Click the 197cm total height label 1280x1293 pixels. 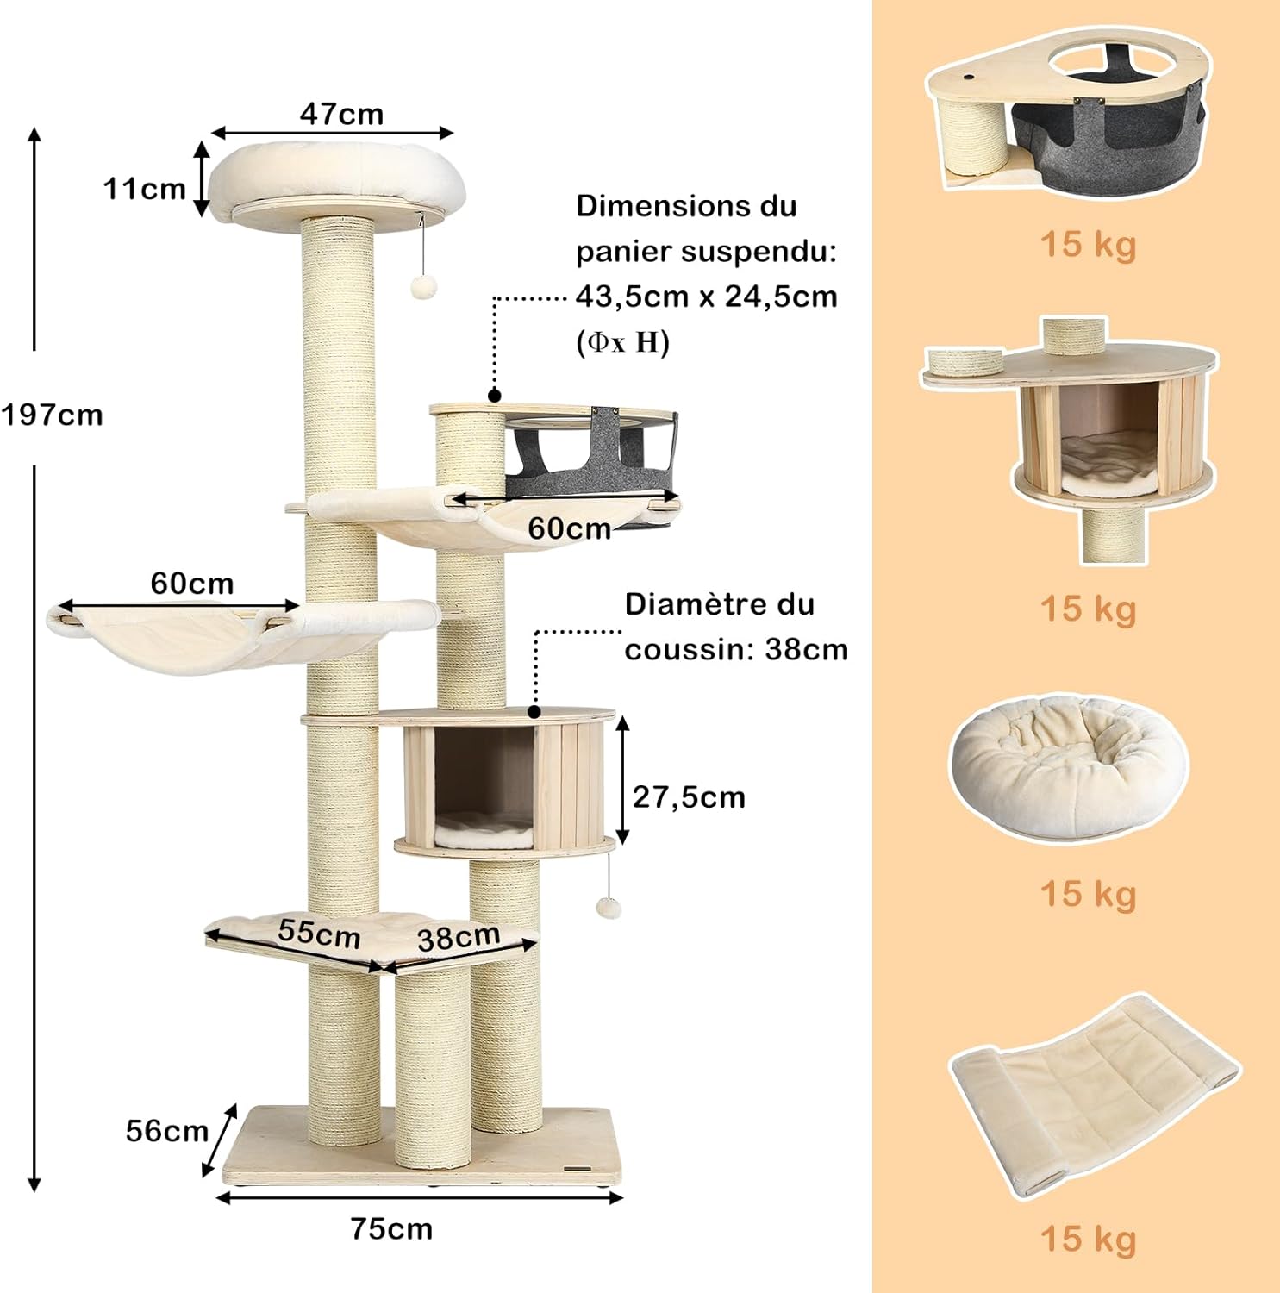pyautogui.click(x=52, y=415)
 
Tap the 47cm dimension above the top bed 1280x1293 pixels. pyautogui.click(x=341, y=114)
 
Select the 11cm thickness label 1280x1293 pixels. pyautogui.click(x=144, y=188)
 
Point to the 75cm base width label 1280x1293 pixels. pyautogui.click(x=391, y=1228)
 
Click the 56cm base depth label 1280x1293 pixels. pyautogui.click(x=167, y=1130)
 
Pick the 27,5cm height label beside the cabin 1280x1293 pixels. pyautogui.click(x=689, y=797)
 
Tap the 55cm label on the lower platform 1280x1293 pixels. pyautogui.click(x=319, y=933)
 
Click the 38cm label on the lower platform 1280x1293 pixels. pyautogui.click(x=459, y=937)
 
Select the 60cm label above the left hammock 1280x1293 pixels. pyautogui.click(x=191, y=584)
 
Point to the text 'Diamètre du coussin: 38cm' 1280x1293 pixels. pyautogui.click(x=736, y=627)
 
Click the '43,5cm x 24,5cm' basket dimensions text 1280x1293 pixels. pyautogui.click(x=706, y=297)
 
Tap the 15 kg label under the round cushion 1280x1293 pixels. pyautogui.click(x=1088, y=895)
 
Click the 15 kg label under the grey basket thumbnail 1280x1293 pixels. pyautogui.click(x=1088, y=245)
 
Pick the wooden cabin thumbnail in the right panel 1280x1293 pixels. pyautogui.click(x=1069, y=440)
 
